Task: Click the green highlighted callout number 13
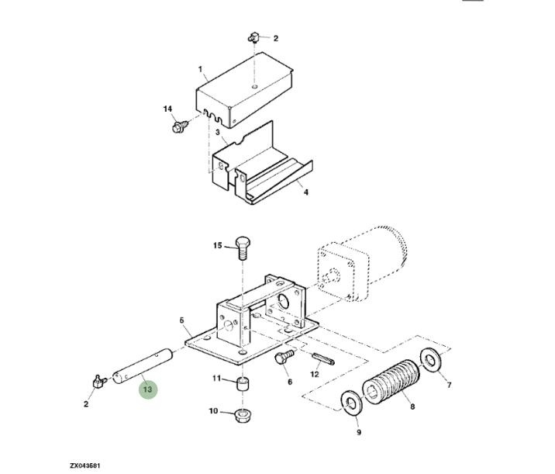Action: [x=147, y=389]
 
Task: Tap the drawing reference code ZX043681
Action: [x=84, y=465]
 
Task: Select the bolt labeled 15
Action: [x=243, y=248]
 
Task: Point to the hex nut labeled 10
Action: [x=243, y=415]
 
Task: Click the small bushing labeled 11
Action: [x=243, y=384]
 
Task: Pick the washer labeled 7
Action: [x=430, y=361]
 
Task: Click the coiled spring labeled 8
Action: [x=391, y=382]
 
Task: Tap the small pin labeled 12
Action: [x=323, y=359]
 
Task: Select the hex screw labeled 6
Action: [x=284, y=356]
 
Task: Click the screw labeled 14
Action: [x=180, y=126]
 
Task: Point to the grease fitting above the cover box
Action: [x=253, y=37]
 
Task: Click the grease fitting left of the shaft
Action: [x=99, y=382]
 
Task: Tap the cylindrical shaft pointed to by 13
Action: [x=143, y=367]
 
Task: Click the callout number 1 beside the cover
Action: [x=200, y=69]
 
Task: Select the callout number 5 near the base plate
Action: [x=181, y=320]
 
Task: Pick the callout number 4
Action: [x=306, y=192]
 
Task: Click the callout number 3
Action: [x=217, y=132]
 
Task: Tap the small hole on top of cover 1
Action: [x=255, y=87]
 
